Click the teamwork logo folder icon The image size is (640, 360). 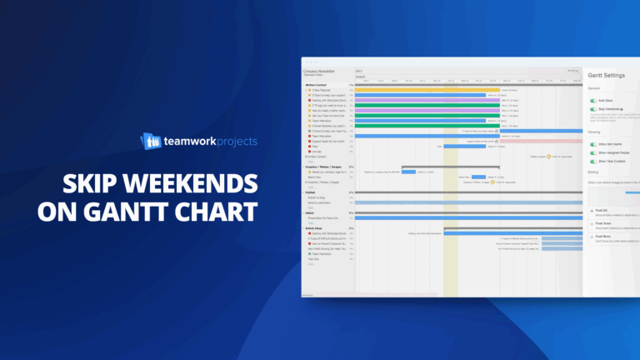point(151,141)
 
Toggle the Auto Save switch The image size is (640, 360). point(593,99)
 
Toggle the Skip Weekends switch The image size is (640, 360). point(593,109)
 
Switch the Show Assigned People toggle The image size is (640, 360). point(593,153)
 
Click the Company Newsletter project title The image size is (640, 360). point(319,71)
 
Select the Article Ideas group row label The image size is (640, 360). point(313,227)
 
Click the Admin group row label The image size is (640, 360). point(309,212)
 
